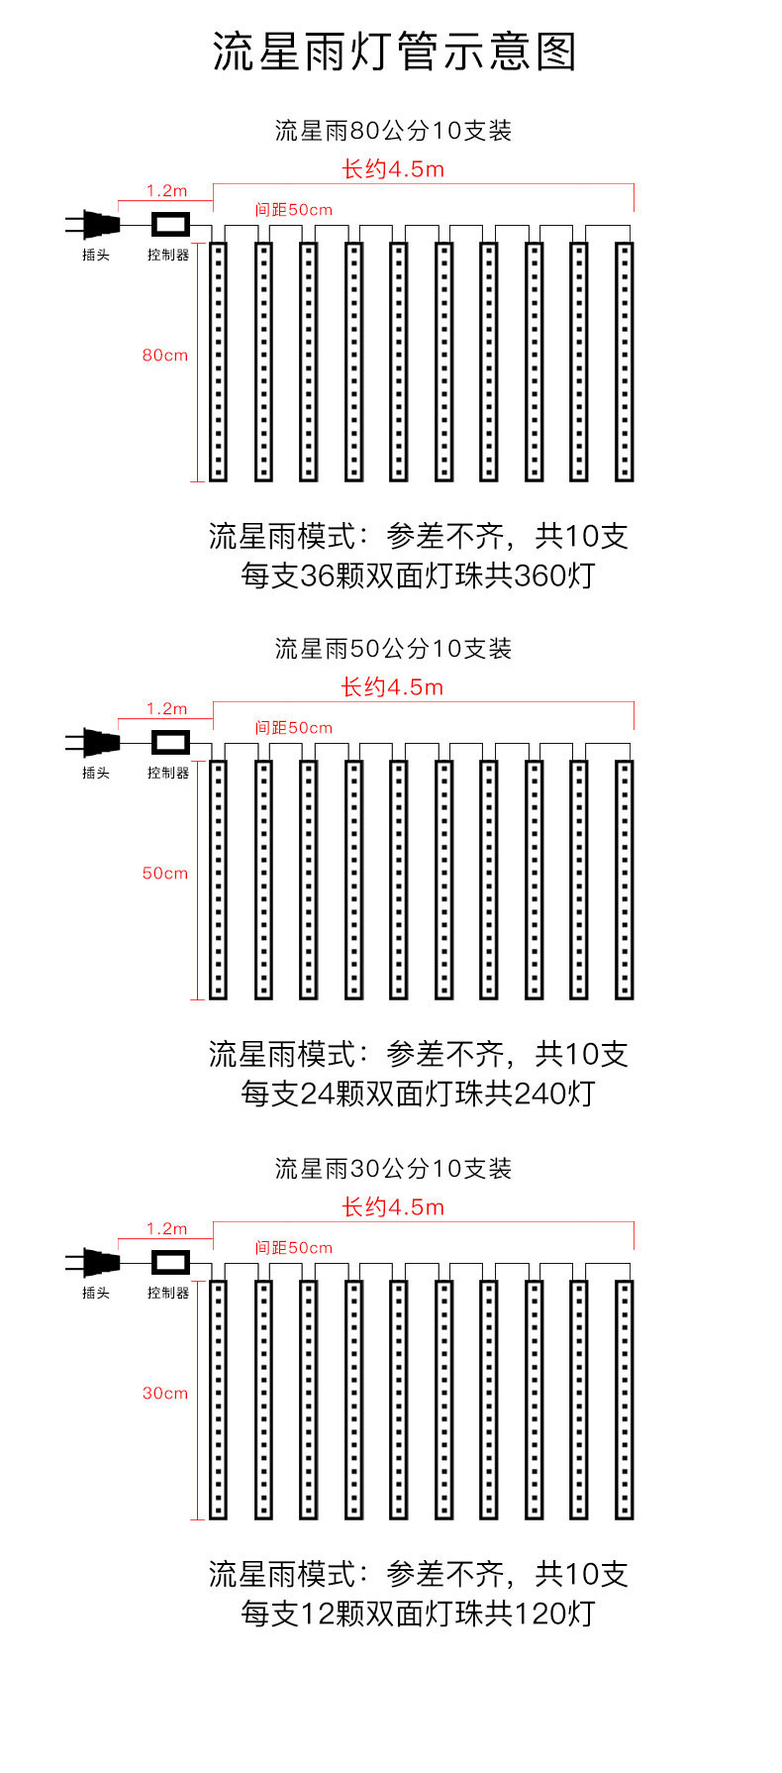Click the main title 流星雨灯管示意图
(393, 52)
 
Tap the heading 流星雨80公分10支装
(393, 131)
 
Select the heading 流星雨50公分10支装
(393, 649)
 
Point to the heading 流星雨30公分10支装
(393, 1169)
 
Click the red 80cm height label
(164, 355)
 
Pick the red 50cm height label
(164, 873)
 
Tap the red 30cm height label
(164, 1393)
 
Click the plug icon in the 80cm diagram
(93, 225)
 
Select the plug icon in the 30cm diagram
(93, 1263)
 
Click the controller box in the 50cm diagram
(170, 742)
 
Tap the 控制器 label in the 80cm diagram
(168, 255)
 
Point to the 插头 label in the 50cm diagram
(96, 773)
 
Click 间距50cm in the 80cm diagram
(294, 210)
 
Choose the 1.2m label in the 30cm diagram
(166, 1229)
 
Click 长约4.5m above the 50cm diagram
(393, 687)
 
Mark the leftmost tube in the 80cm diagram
(218, 362)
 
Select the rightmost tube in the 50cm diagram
(624, 880)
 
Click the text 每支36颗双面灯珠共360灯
(418, 575)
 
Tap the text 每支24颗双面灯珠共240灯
(418, 1094)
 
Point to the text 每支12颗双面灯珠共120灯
(418, 1614)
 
